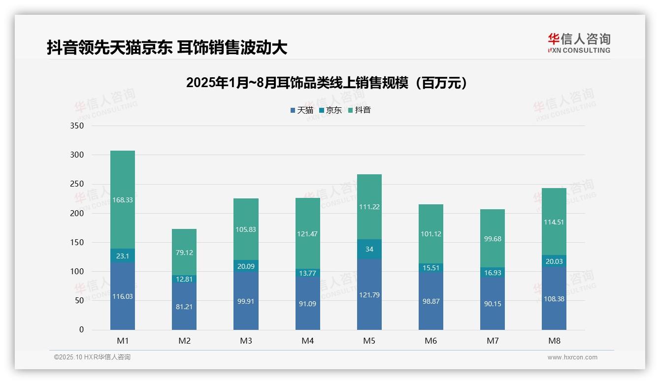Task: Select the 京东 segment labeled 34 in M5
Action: point(369,249)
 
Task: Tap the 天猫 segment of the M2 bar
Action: point(184,306)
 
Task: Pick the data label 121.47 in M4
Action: point(308,234)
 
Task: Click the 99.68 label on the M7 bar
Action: point(493,239)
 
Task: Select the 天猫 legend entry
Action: point(302,110)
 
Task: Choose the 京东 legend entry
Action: point(330,110)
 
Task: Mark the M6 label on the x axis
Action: point(431,341)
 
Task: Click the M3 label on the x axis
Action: point(246,341)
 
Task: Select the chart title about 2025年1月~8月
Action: point(326,83)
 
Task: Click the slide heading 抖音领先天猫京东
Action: point(167,48)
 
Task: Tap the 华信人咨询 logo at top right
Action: point(579,43)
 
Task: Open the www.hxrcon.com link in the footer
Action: point(572,357)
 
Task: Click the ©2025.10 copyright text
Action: point(92,357)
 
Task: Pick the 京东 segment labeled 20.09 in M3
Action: point(246,266)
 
